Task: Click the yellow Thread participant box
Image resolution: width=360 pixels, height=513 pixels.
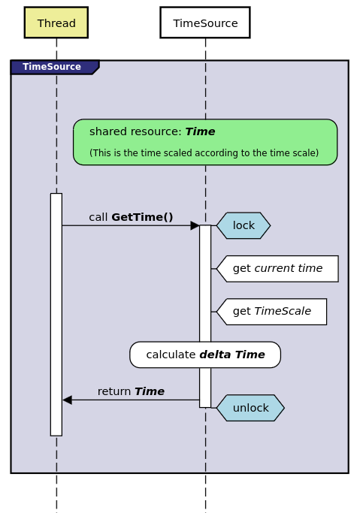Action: click(x=56, y=23)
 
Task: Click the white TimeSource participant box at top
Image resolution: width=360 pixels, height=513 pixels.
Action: click(x=205, y=23)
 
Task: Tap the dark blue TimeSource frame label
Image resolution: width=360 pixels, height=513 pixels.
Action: click(x=53, y=67)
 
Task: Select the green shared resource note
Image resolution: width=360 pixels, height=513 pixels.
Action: click(x=205, y=142)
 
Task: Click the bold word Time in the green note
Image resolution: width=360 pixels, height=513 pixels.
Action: click(x=200, y=131)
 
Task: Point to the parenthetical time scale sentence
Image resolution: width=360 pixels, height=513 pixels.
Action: click(x=204, y=153)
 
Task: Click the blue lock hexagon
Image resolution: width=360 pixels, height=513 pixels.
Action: click(x=244, y=225)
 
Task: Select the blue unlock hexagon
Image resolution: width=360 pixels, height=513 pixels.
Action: click(x=250, y=408)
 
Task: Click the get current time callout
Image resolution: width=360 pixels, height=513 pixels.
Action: click(x=277, y=269)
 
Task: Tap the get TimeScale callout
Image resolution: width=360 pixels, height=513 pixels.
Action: click(x=271, y=312)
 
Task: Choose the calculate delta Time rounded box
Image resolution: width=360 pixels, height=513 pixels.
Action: click(x=205, y=355)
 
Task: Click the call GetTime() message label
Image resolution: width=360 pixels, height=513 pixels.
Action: click(x=131, y=217)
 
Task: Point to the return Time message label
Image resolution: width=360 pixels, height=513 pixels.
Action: click(x=131, y=391)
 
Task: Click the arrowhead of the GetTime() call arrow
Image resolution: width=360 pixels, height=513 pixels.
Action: click(x=195, y=225)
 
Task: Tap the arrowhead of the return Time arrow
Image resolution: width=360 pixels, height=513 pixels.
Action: click(x=67, y=400)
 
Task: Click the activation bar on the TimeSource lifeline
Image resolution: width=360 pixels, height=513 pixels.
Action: click(x=205, y=315)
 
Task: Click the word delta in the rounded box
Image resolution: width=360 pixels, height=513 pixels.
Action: click(x=215, y=355)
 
